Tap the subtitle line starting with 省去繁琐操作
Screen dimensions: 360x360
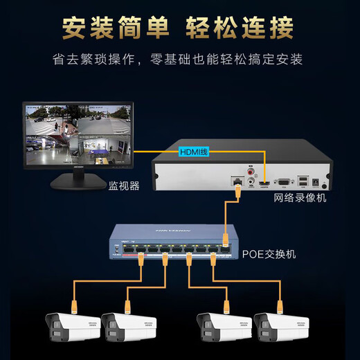[179, 60]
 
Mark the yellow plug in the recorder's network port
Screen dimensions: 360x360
[237, 195]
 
